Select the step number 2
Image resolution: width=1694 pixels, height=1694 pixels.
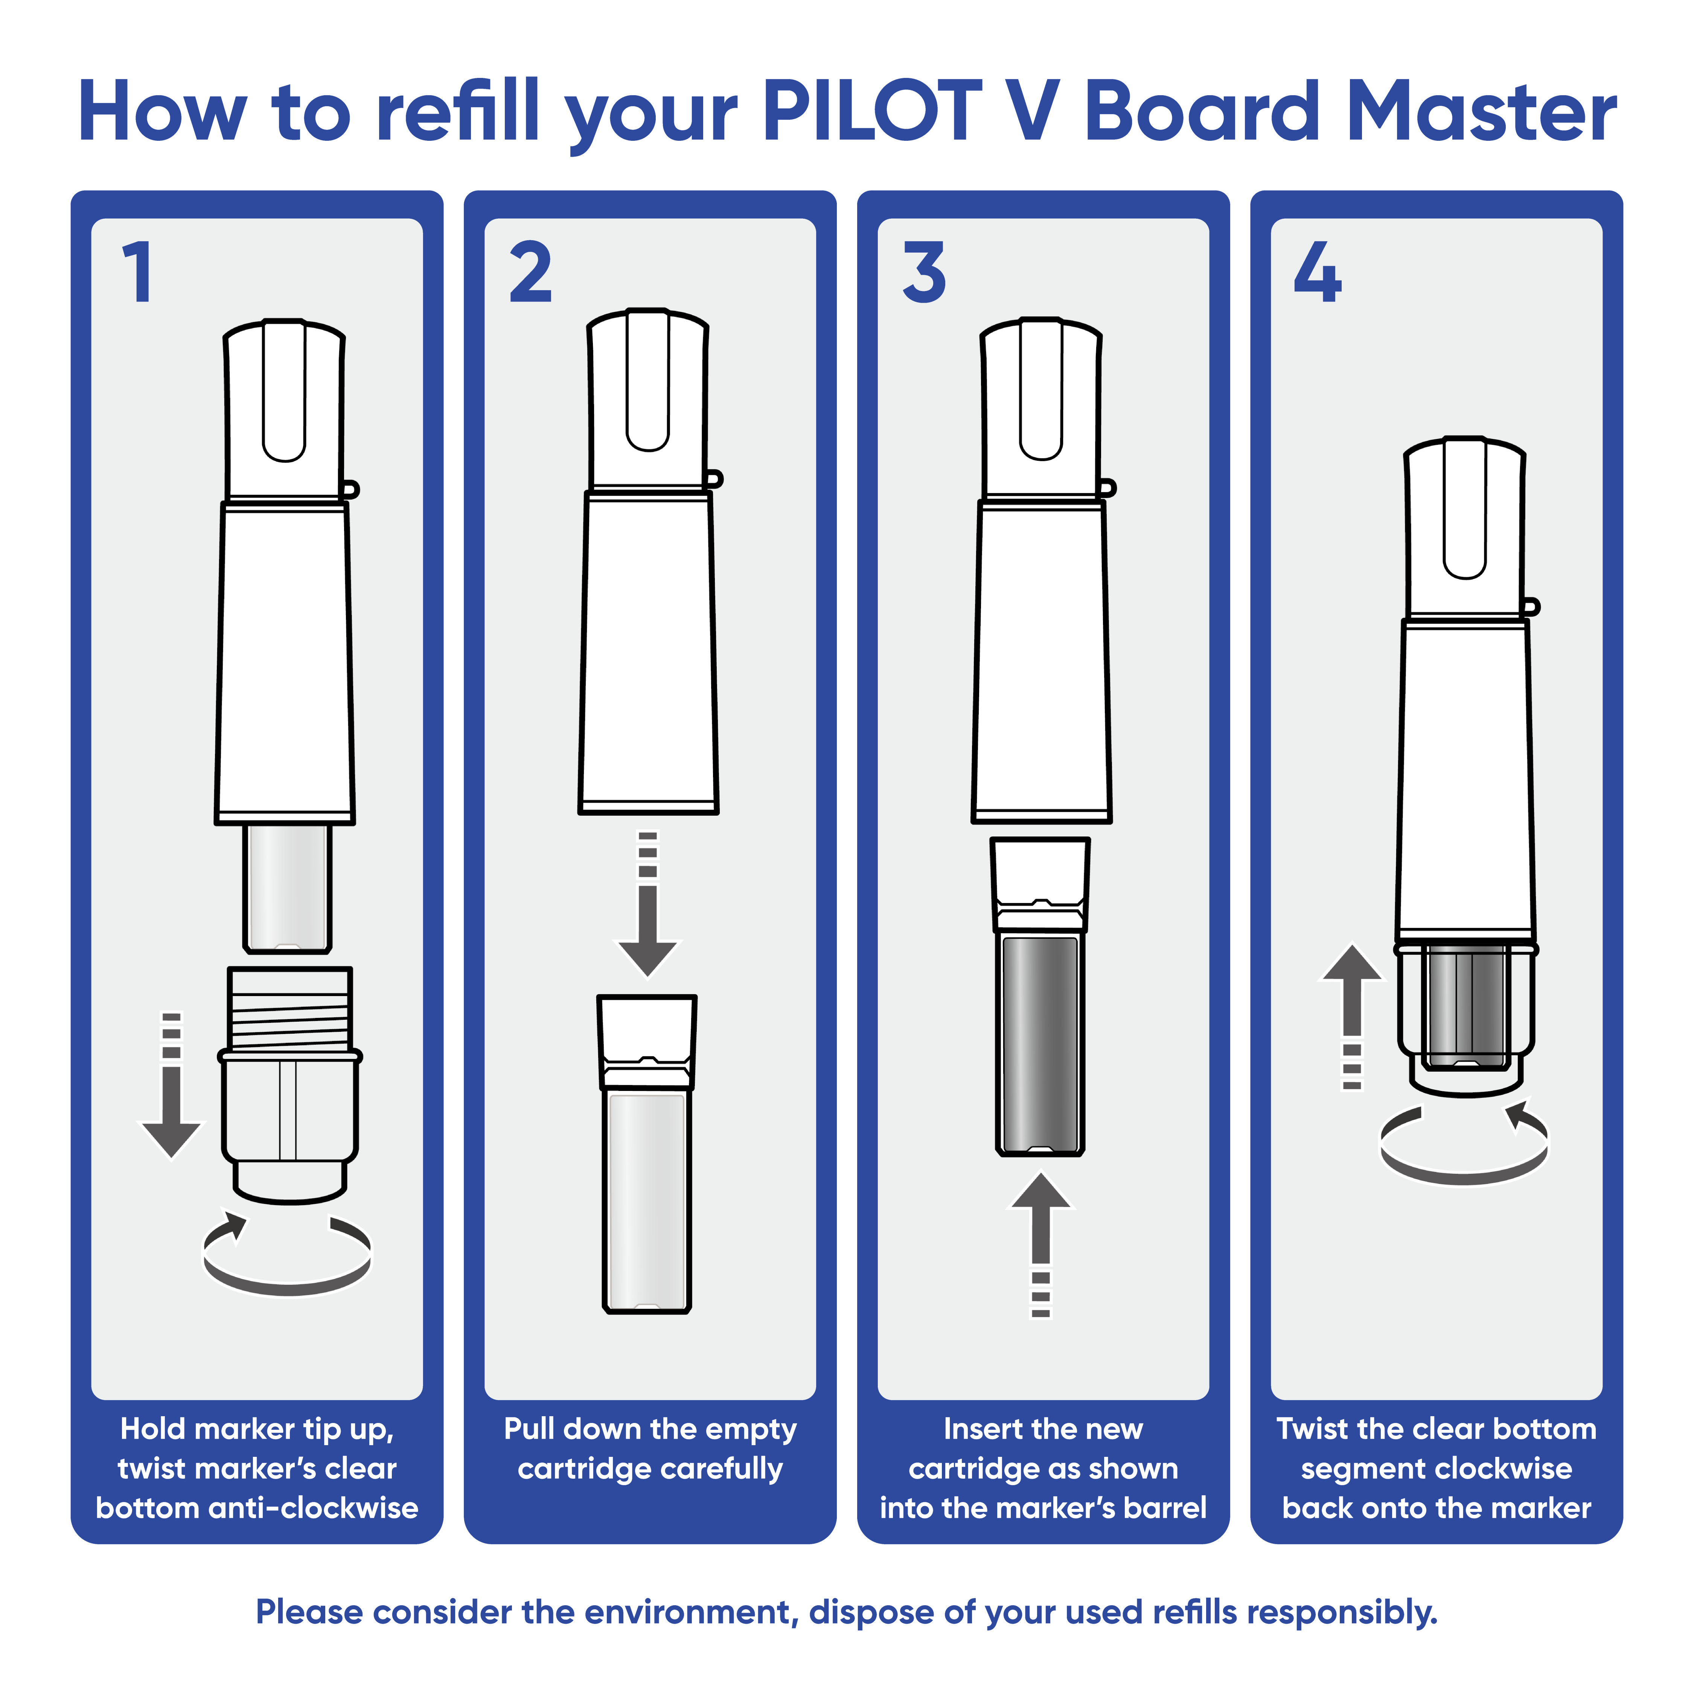click(x=530, y=273)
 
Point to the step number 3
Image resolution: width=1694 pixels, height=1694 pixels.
click(x=924, y=273)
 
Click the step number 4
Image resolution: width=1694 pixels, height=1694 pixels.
click(x=1317, y=273)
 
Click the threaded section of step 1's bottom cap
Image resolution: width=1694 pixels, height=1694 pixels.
click(x=289, y=1008)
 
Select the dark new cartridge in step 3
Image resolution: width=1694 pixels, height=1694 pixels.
click(x=1041, y=1044)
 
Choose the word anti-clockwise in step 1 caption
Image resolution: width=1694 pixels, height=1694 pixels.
click(x=348, y=1508)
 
